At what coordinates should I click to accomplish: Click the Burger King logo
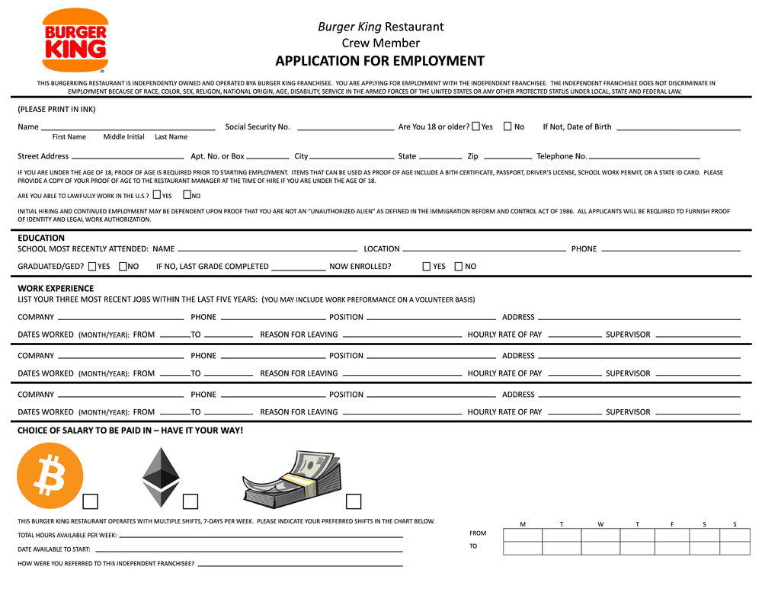tap(75, 41)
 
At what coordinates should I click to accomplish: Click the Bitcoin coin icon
tap(50, 476)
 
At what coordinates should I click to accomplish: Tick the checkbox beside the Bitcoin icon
tap(91, 501)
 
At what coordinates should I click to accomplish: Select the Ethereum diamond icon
tap(161, 477)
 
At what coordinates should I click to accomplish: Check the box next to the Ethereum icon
tap(190, 501)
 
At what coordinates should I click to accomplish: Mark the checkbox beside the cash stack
tap(354, 501)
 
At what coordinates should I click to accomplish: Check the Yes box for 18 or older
tap(476, 126)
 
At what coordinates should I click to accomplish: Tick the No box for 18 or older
tap(507, 126)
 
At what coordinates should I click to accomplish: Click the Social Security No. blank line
tap(344, 128)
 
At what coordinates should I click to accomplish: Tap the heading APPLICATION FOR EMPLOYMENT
tap(379, 62)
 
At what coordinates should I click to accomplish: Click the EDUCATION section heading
tap(41, 238)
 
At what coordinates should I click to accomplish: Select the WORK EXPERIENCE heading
tap(56, 288)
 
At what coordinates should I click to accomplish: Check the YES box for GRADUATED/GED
tap(92, 267)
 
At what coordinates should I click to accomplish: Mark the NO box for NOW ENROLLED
tap(458, 267)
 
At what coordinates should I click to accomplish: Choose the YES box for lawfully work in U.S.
tap(157, 196)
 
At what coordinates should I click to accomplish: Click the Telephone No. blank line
tap(644, 157)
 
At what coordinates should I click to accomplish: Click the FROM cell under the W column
tap(600, 534)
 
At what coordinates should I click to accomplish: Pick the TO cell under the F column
tap(671, 548)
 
